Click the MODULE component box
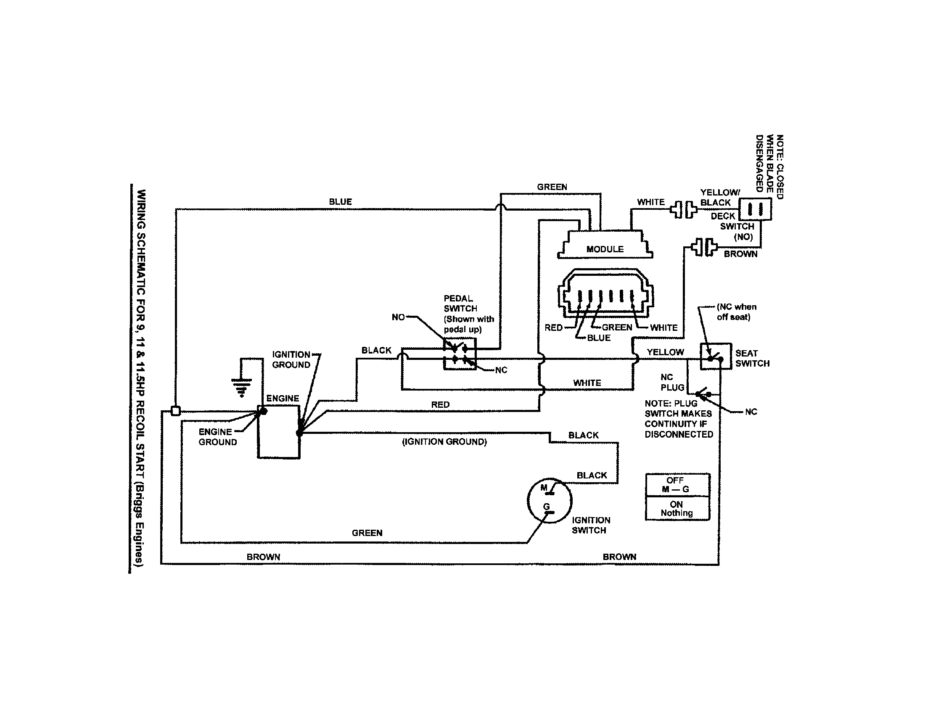(x=605, y=246)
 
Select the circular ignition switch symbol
(x=550, y=500)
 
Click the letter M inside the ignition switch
(x=544, y=488)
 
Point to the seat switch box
(x=715, y=356)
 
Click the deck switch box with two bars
(x=755, y=209)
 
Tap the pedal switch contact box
(x=460, y=354)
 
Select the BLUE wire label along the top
(x=340, y=202)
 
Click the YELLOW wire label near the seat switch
(x=665, y=352)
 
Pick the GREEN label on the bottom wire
(x=367, y=533)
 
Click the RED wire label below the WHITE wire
(x=440, y=405)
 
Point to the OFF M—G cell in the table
(x=677, y=485)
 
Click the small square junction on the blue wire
(x=175, y=411)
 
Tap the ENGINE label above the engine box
(x=283, y=399)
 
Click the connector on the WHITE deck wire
(x=683, y=209)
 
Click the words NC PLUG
(x=672, y=382)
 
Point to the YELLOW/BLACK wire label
(x=719, y=197)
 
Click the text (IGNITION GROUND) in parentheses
(x=444, y=442)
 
